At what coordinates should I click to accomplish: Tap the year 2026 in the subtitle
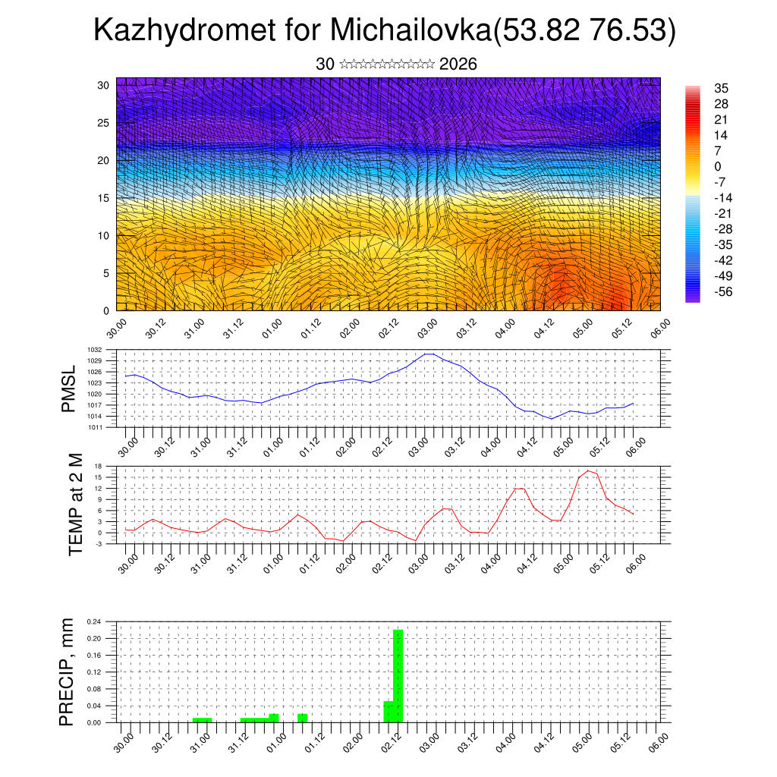coord(458,64)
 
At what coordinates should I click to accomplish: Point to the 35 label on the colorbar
coord(721,88)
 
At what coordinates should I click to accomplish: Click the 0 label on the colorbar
coord(717,166)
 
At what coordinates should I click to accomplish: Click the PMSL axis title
coord(69,388)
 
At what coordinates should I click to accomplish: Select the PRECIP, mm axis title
coord(68,672)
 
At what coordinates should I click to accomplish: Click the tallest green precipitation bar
coord(398,675)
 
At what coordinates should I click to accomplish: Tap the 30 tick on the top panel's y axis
coord(102,85)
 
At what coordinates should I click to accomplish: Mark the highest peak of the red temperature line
coord(588,470)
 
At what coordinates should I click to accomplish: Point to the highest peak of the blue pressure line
coord(429,354)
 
